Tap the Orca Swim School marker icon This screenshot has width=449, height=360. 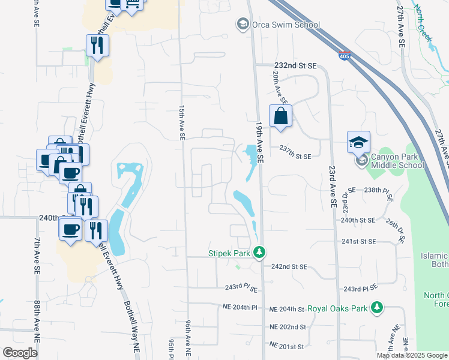(x=243, y=25)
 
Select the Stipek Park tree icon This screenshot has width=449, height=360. (x=259, y=253)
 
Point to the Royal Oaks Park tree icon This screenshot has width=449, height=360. (x=376, y=308)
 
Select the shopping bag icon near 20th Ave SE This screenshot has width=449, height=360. (x=281, y=116)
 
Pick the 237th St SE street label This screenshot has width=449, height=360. (x=295, y=156)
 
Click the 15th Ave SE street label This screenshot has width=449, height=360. (x=181, y=123)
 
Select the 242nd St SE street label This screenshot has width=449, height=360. (x=289, y=266)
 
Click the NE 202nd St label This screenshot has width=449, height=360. (x=288, y=327)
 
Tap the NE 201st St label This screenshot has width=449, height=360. (x=288, y=346)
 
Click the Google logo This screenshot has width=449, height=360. (x=20, y=353)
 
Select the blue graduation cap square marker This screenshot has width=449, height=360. (x=358, y=142)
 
